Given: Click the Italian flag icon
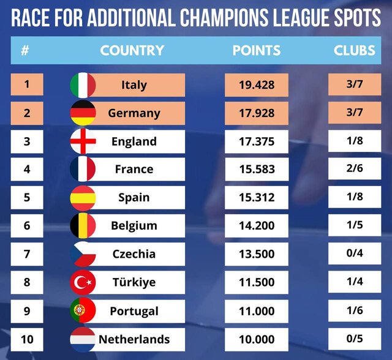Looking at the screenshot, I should point(83,84).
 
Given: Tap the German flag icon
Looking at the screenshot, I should point(83,113).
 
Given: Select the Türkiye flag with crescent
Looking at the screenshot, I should point(83,282).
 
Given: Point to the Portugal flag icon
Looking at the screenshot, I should point(83,310).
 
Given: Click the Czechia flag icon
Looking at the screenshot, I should point(83,254).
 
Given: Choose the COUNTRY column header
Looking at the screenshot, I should point(132,50).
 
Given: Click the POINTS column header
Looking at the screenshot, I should point(256,50).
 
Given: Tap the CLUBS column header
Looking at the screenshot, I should point(354,50).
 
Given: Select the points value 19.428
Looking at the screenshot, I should point(257,84).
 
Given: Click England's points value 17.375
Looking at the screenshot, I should point(257,141).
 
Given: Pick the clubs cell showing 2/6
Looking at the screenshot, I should point(355,169).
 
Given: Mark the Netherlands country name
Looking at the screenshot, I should point(134,339).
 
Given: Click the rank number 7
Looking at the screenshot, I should point(26,253).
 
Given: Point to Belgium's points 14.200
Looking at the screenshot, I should point(257,226).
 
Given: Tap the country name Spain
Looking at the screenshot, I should point(134,198).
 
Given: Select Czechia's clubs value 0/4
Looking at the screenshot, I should point(355,253).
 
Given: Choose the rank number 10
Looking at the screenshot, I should point(26,338).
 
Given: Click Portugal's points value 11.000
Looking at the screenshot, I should point(257,310).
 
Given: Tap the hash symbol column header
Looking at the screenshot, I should point(25,50).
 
